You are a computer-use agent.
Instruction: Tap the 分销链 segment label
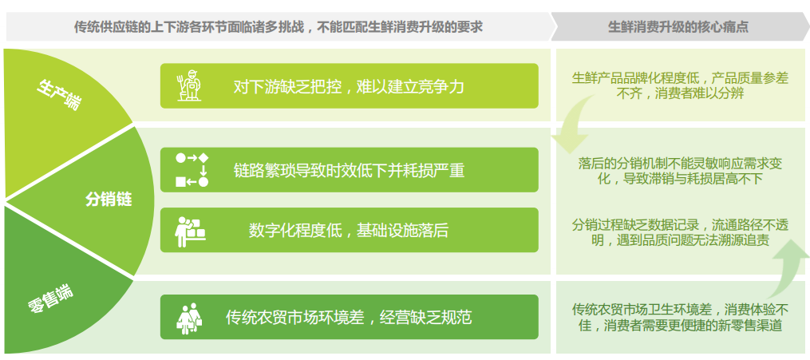point(109,200)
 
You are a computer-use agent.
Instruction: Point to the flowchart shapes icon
point(192,170)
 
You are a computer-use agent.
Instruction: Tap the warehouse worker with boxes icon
point(192,231)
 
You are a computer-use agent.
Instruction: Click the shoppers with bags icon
point(190,318)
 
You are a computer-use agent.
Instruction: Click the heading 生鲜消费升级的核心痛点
point(678,27)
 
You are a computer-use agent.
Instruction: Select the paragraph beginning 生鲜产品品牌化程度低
point(680,85)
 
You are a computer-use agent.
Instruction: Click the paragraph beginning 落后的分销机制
point(680,171)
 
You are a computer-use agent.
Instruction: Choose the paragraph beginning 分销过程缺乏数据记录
point(680,232)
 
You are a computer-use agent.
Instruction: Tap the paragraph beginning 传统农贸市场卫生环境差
point(680,317)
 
